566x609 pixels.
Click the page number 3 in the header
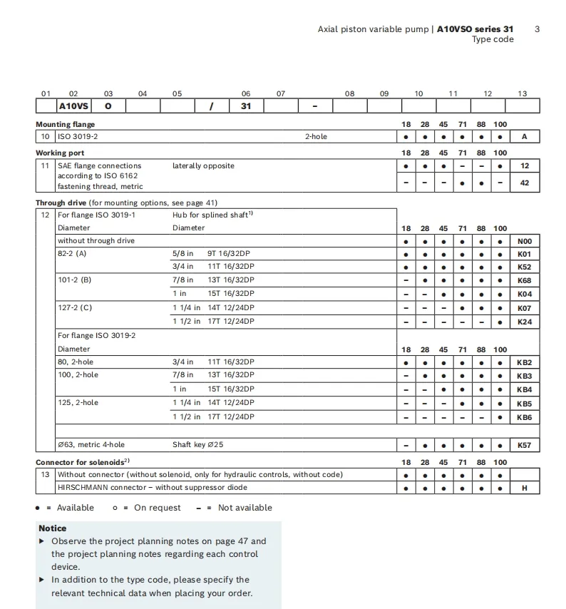(x=537, y=29)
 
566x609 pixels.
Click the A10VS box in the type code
(x=73, y=106)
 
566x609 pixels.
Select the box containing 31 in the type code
(x=246, y=106)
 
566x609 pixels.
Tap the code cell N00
(x=525, y=241)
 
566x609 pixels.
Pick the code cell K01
(x=525, y=254)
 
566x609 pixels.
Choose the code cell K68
(x=525, y=280)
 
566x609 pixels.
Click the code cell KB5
(x=525, y=404)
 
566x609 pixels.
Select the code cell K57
(x=525, y=446)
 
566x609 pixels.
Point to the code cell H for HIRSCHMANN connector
(x=525, y=488)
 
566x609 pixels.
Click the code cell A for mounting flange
(x=525, y=136)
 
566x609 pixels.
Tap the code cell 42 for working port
(x=525, y=183)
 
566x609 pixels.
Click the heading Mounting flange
(x=65, y=124)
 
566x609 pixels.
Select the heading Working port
(x=60, y=153)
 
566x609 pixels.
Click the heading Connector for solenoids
(x=83, y=462)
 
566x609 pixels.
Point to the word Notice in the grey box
(x=53, y=528)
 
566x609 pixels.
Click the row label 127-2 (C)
(x=75, y=308)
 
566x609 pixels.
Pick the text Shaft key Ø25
(x=197, y=445)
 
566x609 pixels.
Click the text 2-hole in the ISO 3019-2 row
(x=316, y=136)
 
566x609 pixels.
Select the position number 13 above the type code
(x=523, y=93)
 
